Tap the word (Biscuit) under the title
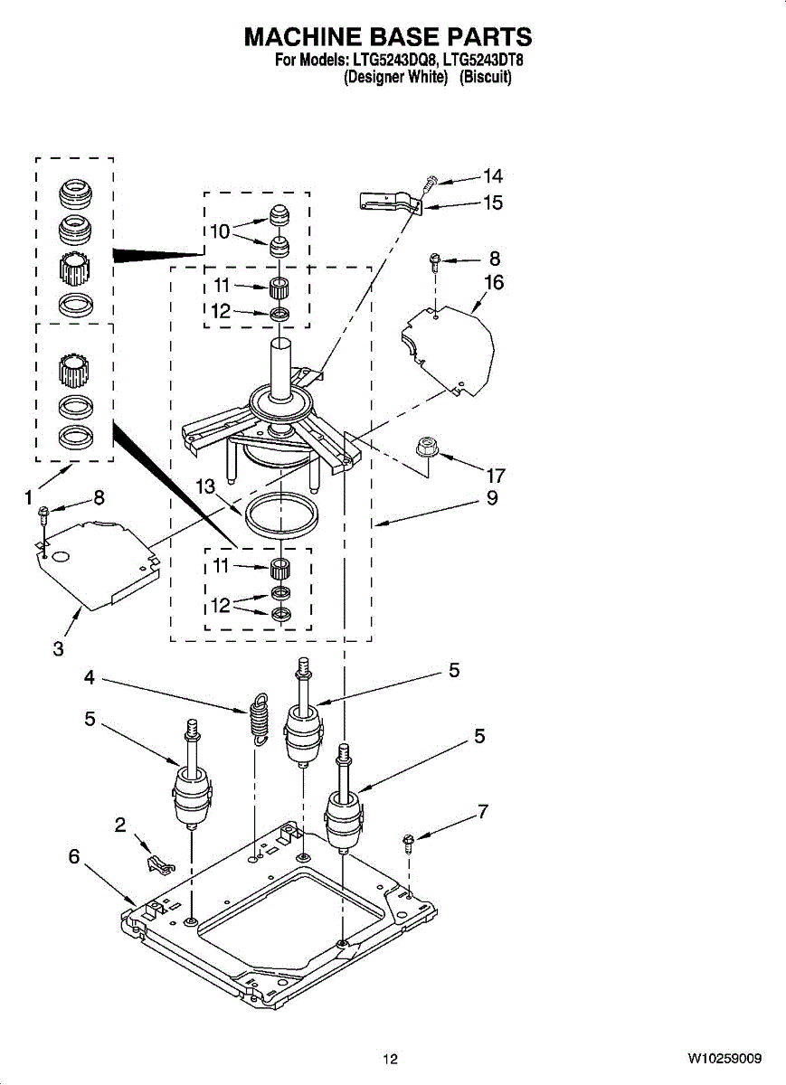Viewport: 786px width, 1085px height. tap(485, 78)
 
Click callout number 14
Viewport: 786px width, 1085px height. tap(493, 176)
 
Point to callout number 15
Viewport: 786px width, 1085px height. tap(493, 203)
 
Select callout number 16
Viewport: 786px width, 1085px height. tap(494, 283)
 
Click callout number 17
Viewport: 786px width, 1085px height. tap(495, 475)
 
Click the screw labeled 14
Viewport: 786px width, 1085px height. tap(432, 183)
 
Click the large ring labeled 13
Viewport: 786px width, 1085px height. tap(281, 516)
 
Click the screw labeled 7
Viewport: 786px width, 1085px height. tap(409, 844)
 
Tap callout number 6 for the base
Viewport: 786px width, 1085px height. tap(74, 856)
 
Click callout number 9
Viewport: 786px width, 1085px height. tap(492, 497)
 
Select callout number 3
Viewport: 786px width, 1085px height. tap(58, 648)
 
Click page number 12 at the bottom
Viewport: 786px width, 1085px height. tap(390, 1059)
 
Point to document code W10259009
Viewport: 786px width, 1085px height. tap(724, 1059)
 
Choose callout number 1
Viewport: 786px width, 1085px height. tap(29, 496)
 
